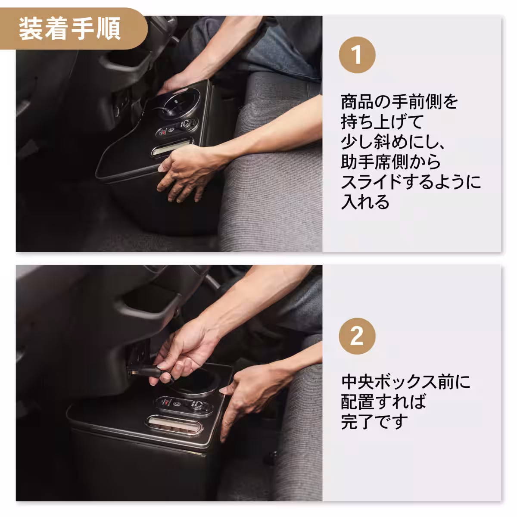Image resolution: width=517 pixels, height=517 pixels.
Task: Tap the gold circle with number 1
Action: (x=357, y=55)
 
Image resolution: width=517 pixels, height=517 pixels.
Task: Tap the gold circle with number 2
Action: (x=357, y=336)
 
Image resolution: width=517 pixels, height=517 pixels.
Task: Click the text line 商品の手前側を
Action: (x=399, y=102)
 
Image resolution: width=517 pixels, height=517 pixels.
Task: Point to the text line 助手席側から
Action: (x=391, y=162)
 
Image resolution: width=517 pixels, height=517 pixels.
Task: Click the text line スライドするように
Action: (x=411, y=182)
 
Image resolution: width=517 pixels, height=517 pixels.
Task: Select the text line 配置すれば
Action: (x=383, y=402)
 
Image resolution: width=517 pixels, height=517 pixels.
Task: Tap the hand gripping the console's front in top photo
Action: (x=185, y=172)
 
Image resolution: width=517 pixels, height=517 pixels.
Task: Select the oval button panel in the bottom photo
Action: (x=183, y=405)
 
